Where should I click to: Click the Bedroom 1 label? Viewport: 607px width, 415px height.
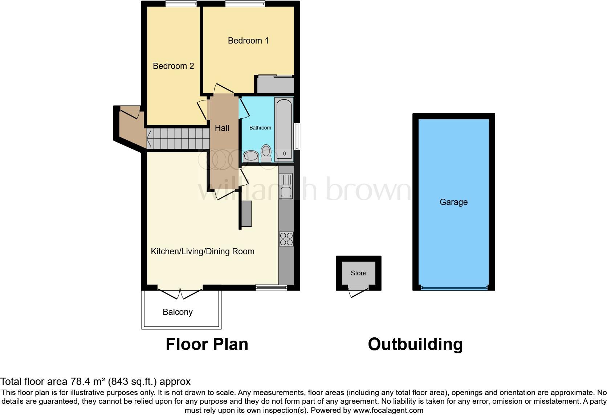[248, 41]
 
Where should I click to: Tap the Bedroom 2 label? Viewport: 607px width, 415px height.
[173, 66]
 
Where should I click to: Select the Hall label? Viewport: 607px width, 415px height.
[222, 128]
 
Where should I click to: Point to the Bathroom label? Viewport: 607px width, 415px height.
[260, 128]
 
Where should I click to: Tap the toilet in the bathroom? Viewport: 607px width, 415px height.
[266, 153]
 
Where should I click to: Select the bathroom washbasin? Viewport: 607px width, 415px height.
[250, 156]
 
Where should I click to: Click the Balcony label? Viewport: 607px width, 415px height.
[178, 312]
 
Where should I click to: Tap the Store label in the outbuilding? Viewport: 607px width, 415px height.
[358, 273]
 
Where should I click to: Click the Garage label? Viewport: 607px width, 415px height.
[453, 202]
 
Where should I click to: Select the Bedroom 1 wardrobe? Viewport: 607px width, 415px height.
[276, 85]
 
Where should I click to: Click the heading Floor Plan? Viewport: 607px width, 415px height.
[207, 344]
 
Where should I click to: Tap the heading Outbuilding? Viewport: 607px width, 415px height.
[415, 344]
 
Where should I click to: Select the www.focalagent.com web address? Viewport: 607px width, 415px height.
[388, 411]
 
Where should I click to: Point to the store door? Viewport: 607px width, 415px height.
[357, 291]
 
